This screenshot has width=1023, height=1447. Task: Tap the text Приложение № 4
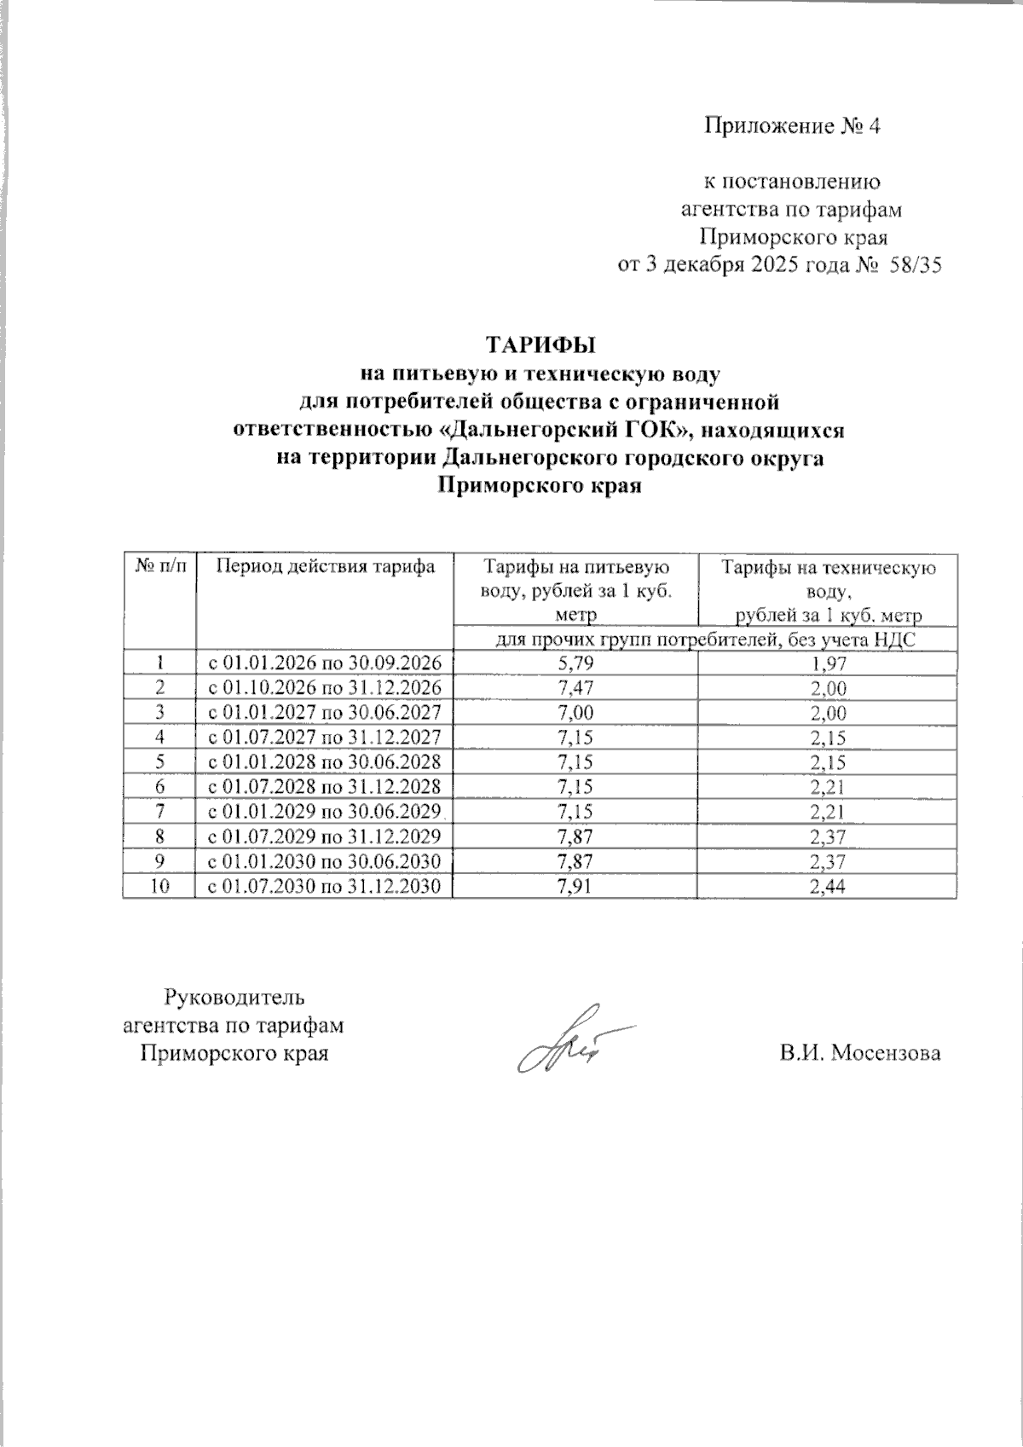[790, 126]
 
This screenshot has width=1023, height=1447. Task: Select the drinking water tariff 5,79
[574, 663]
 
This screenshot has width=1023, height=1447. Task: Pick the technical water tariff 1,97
[826, 663]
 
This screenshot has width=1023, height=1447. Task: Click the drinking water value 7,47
[574, 687]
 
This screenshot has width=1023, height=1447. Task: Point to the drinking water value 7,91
[574, 887]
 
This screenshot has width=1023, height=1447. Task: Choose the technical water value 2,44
[826, 887]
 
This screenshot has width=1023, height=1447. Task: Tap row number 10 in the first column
[159, 887]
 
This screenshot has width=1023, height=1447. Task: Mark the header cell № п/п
[159, 566]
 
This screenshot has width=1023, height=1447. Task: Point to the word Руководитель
[233, 996]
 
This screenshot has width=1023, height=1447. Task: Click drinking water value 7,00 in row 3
[574, 713]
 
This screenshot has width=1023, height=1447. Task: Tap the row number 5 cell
[159, 762]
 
